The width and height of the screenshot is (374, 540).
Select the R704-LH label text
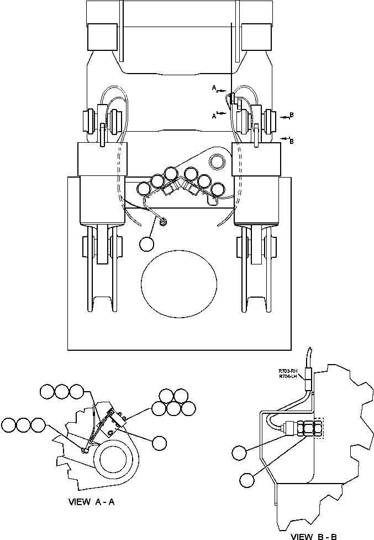288,377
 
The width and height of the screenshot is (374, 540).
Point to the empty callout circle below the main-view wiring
147,244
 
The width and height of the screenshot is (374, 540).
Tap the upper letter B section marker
292,115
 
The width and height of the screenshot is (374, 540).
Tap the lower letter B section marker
292,141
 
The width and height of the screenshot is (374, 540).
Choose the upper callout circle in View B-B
239,453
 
